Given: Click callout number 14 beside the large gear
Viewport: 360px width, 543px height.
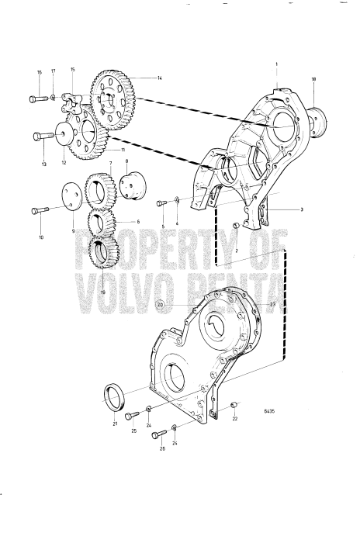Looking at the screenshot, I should [x=160, y=78].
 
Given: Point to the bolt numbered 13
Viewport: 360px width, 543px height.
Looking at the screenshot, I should [x=41, y=137].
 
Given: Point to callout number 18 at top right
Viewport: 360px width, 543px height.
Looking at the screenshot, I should [x=314, y=79].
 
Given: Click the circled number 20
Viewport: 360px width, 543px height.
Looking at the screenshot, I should [x=160, y=306].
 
